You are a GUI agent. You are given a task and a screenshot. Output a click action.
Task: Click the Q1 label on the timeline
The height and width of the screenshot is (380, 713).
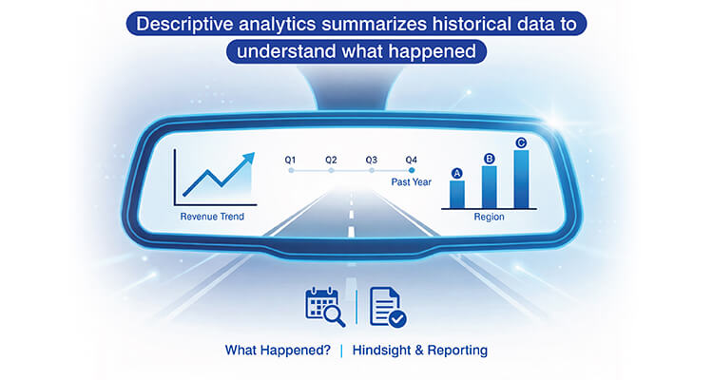pos(291,160)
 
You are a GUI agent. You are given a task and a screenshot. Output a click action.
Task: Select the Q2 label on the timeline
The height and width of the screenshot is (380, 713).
pos(331,160)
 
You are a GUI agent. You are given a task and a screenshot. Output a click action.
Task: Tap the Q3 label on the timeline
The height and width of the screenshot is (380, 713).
pos(372,160)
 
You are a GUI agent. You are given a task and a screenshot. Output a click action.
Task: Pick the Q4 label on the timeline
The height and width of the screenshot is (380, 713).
pos(412,160)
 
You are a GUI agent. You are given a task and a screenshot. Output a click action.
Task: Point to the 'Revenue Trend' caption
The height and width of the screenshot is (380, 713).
pos(212,218)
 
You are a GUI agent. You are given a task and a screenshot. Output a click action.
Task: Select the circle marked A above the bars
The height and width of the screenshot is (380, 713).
pos(457,173)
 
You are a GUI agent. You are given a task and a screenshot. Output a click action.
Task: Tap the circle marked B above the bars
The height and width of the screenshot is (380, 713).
pos(490,158)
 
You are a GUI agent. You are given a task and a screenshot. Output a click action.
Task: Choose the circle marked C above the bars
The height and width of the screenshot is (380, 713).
pos(521,143)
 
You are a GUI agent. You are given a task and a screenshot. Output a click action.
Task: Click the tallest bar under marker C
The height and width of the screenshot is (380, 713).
pos(521,179)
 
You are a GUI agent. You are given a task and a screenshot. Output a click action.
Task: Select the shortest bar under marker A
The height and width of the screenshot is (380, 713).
pos(457,194)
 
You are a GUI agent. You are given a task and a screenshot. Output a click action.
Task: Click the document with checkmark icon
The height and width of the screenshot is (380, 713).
pos(385,306)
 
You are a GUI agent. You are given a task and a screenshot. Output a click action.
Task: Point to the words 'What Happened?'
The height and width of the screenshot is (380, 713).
pos(278,351)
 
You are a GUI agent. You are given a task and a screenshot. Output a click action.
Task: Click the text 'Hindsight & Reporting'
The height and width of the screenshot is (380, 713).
pos(419,351)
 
